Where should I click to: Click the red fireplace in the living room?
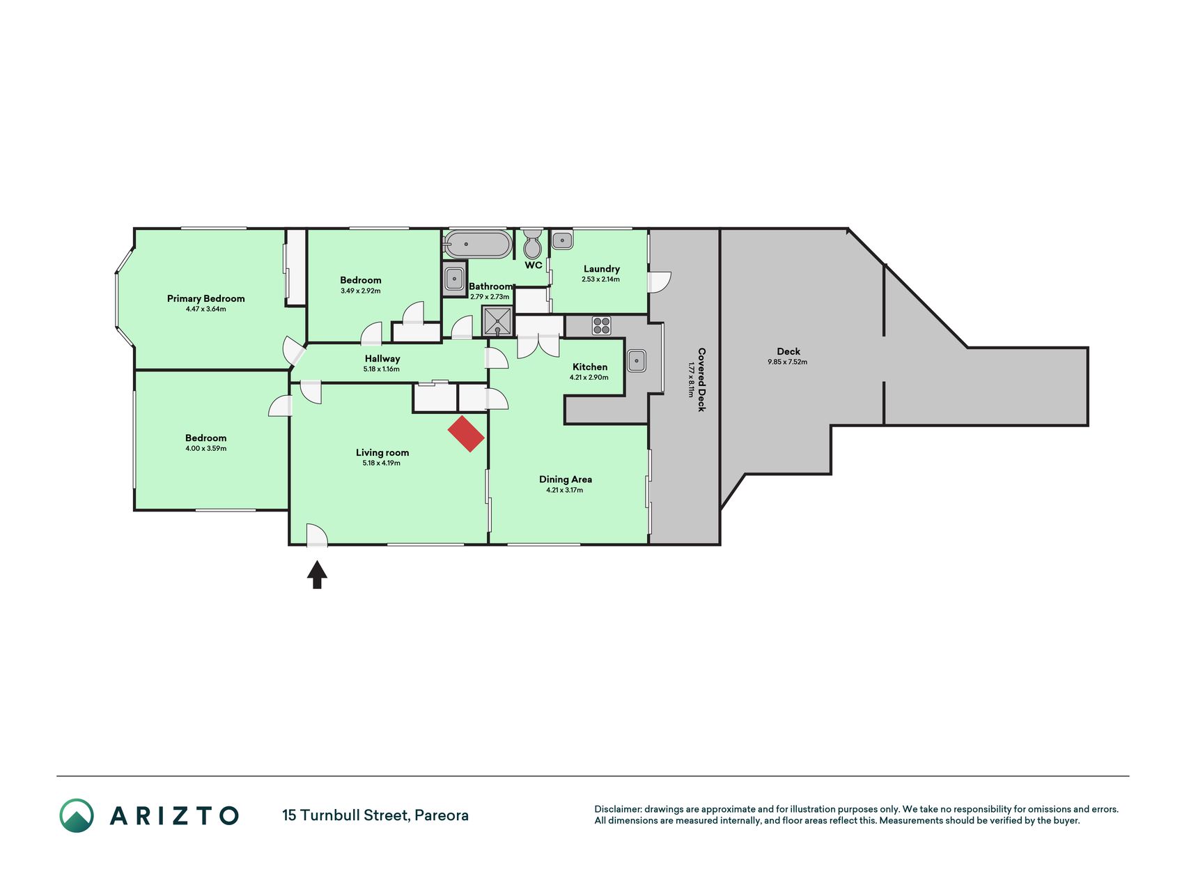[x=466, y=434]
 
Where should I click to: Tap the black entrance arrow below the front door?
[x=317, y=575]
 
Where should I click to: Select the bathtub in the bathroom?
[x=477, y=245]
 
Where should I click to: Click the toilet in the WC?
[x=533, y=243]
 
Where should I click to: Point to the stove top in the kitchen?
[x=601, y=325]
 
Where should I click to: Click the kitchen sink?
[x=637, y=361]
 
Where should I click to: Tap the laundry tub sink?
[x=562, y=241]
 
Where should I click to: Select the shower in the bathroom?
[x=498, y=321]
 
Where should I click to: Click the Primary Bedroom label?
[x=206, y=298]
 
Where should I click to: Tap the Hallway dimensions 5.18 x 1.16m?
[x=382, y=369]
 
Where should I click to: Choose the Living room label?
[x=382, y=452]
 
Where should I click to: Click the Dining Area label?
[x=566, y=479]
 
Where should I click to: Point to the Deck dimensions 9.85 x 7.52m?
[x=788, y=362]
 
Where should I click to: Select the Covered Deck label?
[x=701, y=380]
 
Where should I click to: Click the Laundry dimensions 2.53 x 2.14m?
[x=601, y=279]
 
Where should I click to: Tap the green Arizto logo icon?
[x=77, y=815]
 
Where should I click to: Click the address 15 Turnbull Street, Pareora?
[x=375, y=815]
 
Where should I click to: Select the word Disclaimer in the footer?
[x=617, y=809]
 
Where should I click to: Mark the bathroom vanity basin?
[x=454, y=279]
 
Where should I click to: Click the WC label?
[x=534, y=266]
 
